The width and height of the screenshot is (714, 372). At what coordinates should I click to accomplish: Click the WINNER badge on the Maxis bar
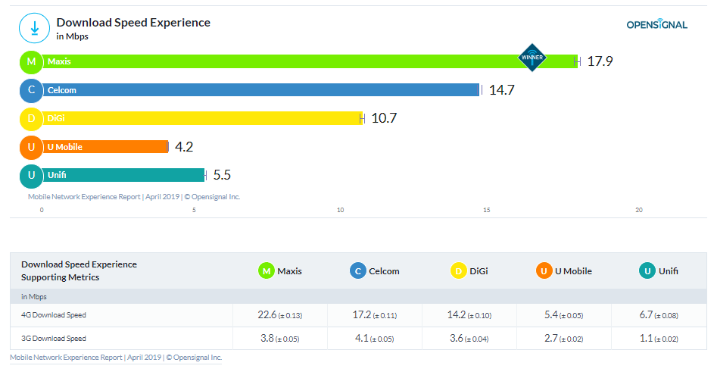coord(532,58)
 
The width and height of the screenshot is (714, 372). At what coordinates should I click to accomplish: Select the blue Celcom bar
coord(257,90)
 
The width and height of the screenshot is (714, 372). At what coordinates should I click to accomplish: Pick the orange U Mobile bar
coord(106,147)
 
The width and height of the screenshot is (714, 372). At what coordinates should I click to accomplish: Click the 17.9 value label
coord(600,61)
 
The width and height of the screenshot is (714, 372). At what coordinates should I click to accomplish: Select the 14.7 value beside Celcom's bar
coord(502,90)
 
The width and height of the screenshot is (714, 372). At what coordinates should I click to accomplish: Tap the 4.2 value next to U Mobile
coord(184,147)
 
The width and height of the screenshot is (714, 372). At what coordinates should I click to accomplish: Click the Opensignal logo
coord(656,24)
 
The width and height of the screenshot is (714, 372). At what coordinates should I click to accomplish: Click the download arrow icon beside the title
coord(34,28)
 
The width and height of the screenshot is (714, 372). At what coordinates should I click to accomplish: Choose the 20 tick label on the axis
coord(639,210)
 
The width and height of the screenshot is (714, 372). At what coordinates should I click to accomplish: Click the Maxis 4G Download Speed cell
coord(280,314)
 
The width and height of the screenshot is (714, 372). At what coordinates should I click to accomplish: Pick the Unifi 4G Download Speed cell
coord(659,314)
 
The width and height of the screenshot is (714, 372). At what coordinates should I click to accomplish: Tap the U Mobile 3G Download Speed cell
coord(564,339)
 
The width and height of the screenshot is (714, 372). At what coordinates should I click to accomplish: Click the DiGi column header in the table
coord(469,270)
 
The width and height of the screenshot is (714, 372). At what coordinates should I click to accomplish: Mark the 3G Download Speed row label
coord(54,339)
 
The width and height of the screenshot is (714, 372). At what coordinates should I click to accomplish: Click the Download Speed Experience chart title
coord(133,23)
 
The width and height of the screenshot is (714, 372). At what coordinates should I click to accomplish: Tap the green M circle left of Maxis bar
coord(31,61)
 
